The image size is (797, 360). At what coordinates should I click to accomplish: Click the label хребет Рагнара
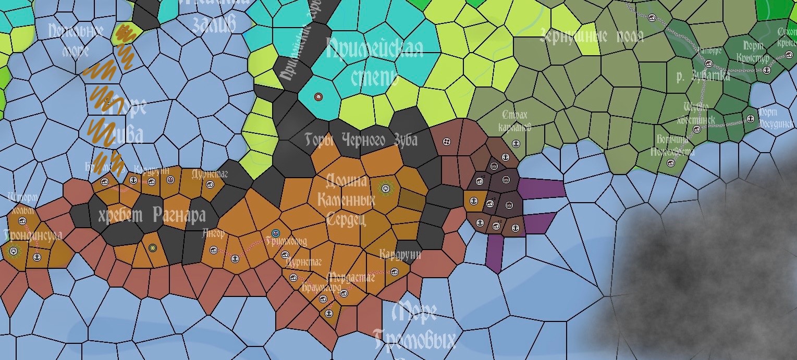pyautogui.click(x=152, y=215)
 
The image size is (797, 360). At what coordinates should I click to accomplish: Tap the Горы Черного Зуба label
pyautogui.click(x=361, y=140)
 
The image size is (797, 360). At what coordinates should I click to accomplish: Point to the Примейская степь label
pyautogui.click(x=374, y=62)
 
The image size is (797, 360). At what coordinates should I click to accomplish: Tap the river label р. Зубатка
pyautogui.click(x=703, y=77)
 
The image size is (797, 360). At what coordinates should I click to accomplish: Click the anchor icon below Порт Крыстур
pyautogui.click(x=766, y=70)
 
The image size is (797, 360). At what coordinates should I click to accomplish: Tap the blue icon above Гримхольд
pyautogui.click(x=276, y=233)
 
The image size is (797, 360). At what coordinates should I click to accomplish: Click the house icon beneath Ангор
pyautogui.click(x=213, y=250)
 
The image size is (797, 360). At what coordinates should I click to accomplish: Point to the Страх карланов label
pyautogui.click(x=514, y=121)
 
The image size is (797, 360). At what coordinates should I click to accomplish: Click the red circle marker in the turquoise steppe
pyautogui.click(x=319, y=97)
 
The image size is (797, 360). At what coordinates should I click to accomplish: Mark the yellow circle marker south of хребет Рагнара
pyautogui.click(x=152, y=248)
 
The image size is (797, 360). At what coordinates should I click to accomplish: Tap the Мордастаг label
pyautogui.click(x=350, y=278)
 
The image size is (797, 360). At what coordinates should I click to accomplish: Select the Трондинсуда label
pyautogui.click(x=32, y=235)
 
